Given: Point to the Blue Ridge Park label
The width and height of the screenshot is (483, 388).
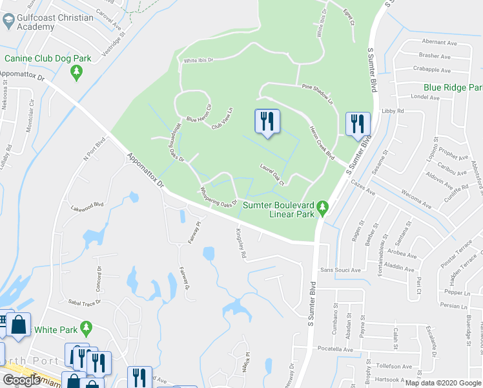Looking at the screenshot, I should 453,88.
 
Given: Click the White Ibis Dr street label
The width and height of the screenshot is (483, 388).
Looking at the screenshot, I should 198,60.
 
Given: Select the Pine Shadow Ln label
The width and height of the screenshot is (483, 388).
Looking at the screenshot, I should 317,94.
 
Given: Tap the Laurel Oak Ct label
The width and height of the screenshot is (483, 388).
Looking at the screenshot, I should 272,173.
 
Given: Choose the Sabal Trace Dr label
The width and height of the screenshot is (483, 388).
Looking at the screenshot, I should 85,302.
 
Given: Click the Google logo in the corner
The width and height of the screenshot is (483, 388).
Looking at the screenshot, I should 21,380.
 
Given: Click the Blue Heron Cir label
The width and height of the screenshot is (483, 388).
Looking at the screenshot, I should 199,114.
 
